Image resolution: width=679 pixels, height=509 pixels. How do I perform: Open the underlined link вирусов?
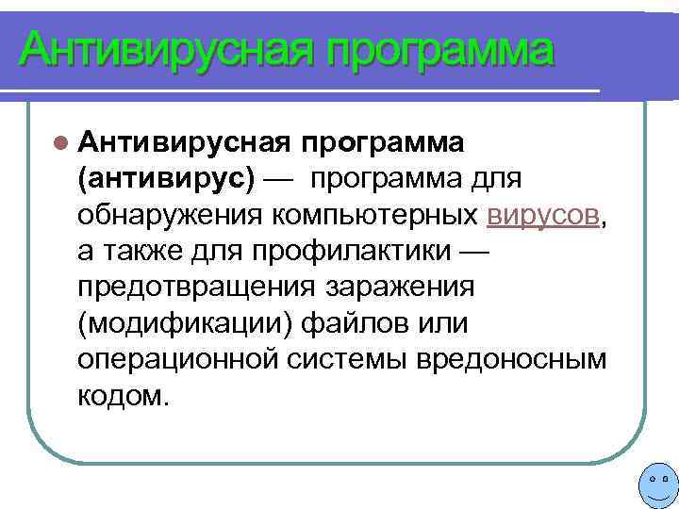click(543, 214)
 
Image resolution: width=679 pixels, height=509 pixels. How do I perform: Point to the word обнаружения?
click(171, 214)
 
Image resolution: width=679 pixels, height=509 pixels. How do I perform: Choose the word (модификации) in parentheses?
click(186, 322)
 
